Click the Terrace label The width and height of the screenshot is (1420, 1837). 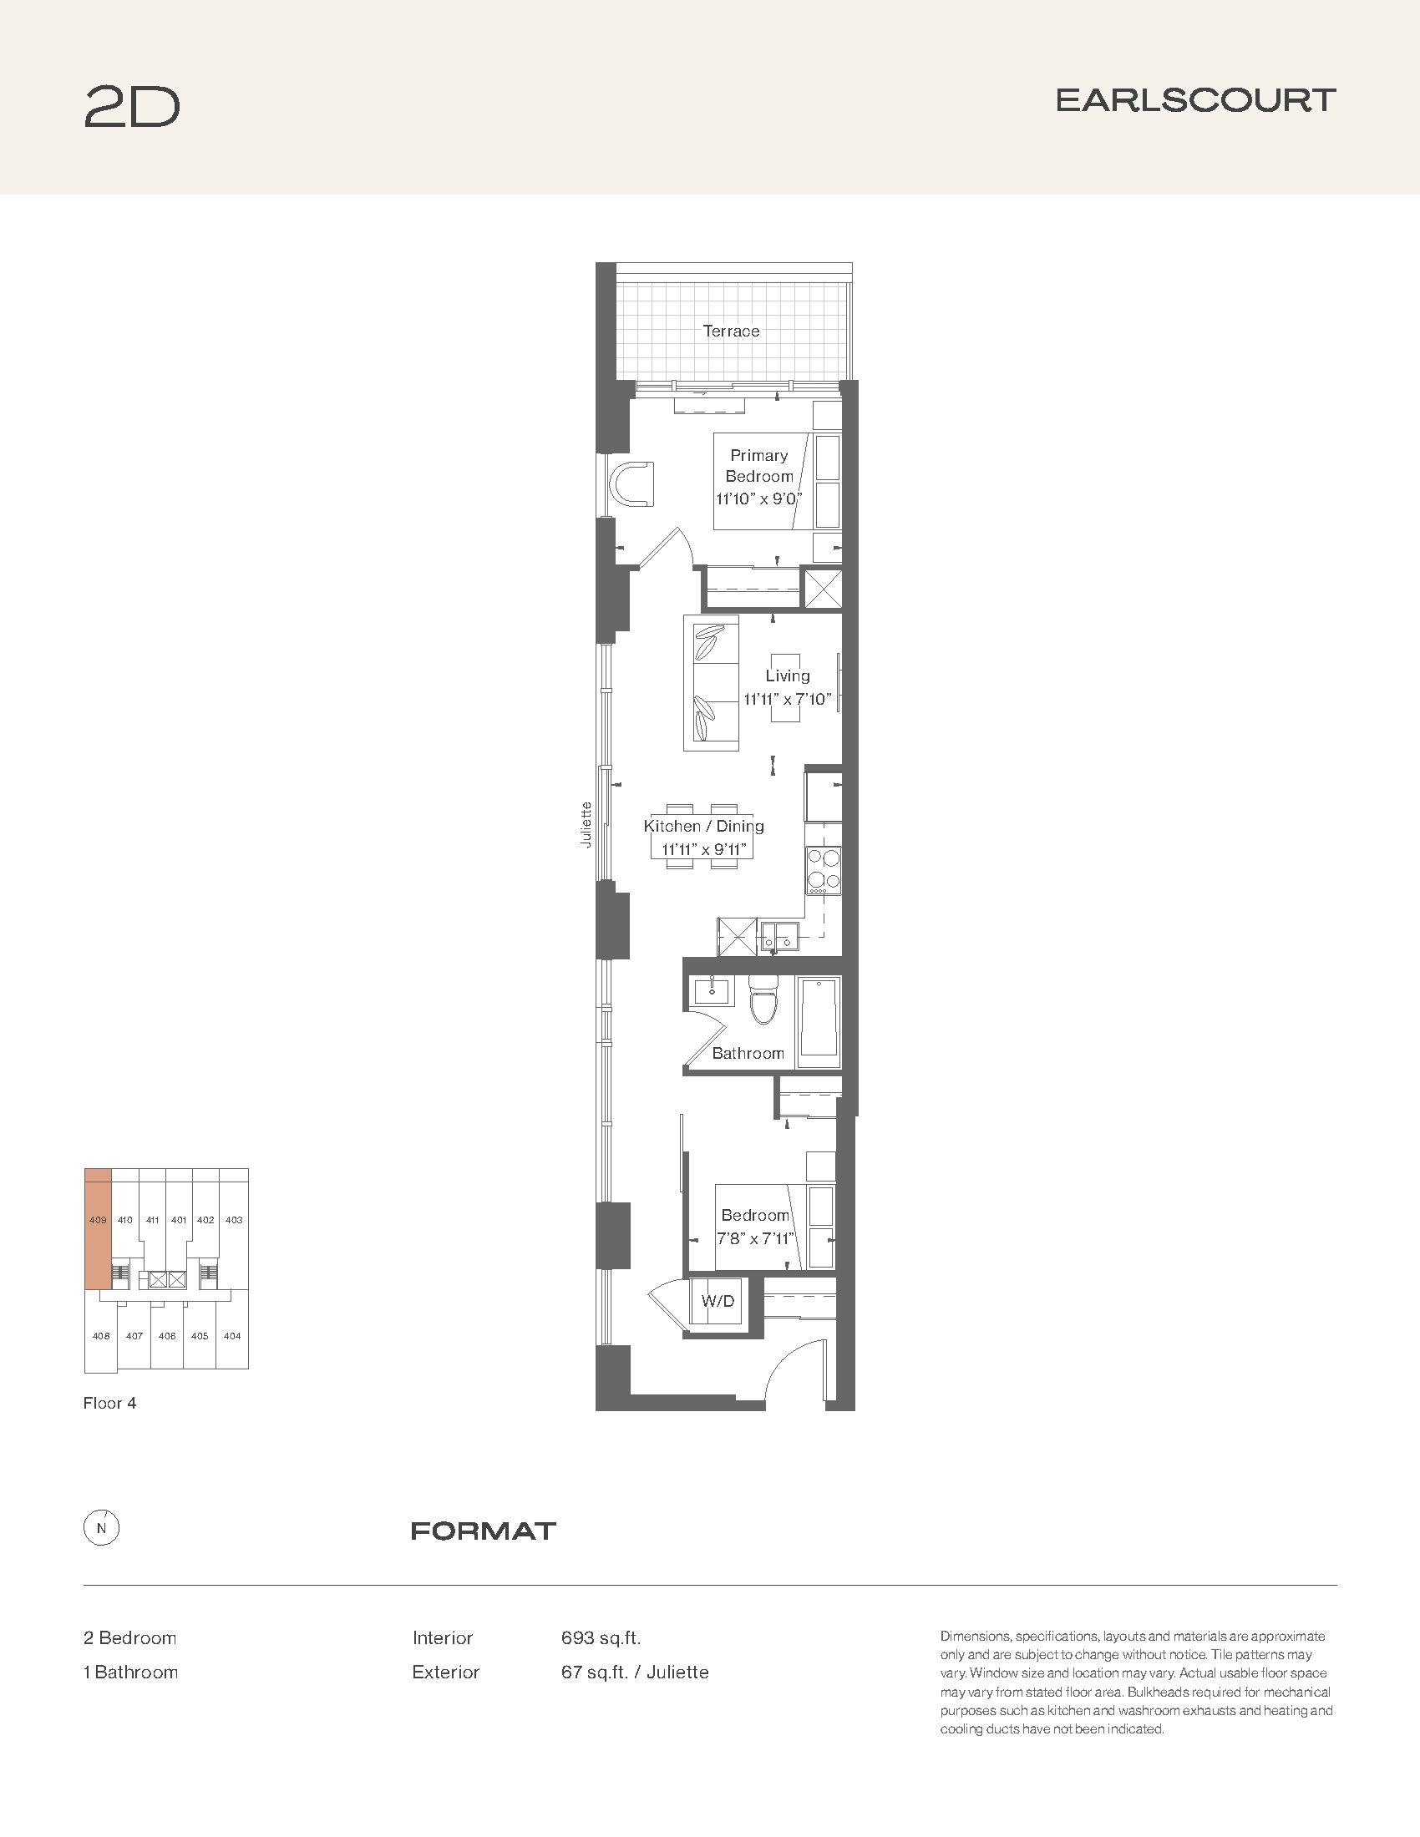pos(731,331)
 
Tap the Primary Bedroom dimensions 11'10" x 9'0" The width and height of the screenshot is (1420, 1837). pos(758,498)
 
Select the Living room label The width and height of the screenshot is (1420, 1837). pos(788,676)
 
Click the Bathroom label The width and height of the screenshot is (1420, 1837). pos(748,1053)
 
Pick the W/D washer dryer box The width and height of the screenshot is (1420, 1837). pos(718,1301)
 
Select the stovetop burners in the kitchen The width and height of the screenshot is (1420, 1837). pos(824,871)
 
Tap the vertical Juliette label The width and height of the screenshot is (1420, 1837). pos(586,824)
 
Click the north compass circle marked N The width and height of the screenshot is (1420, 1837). pos(102,1529)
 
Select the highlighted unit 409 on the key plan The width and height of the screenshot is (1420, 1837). pos(98,1228)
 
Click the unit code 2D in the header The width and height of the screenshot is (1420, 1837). pos(132,107)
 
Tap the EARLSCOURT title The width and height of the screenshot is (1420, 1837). pos(1195,100)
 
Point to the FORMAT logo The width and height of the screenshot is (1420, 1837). pos(484,1531)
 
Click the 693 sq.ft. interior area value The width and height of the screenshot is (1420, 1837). pos(601,1637)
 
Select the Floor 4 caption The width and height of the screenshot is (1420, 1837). pos(109,1403)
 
